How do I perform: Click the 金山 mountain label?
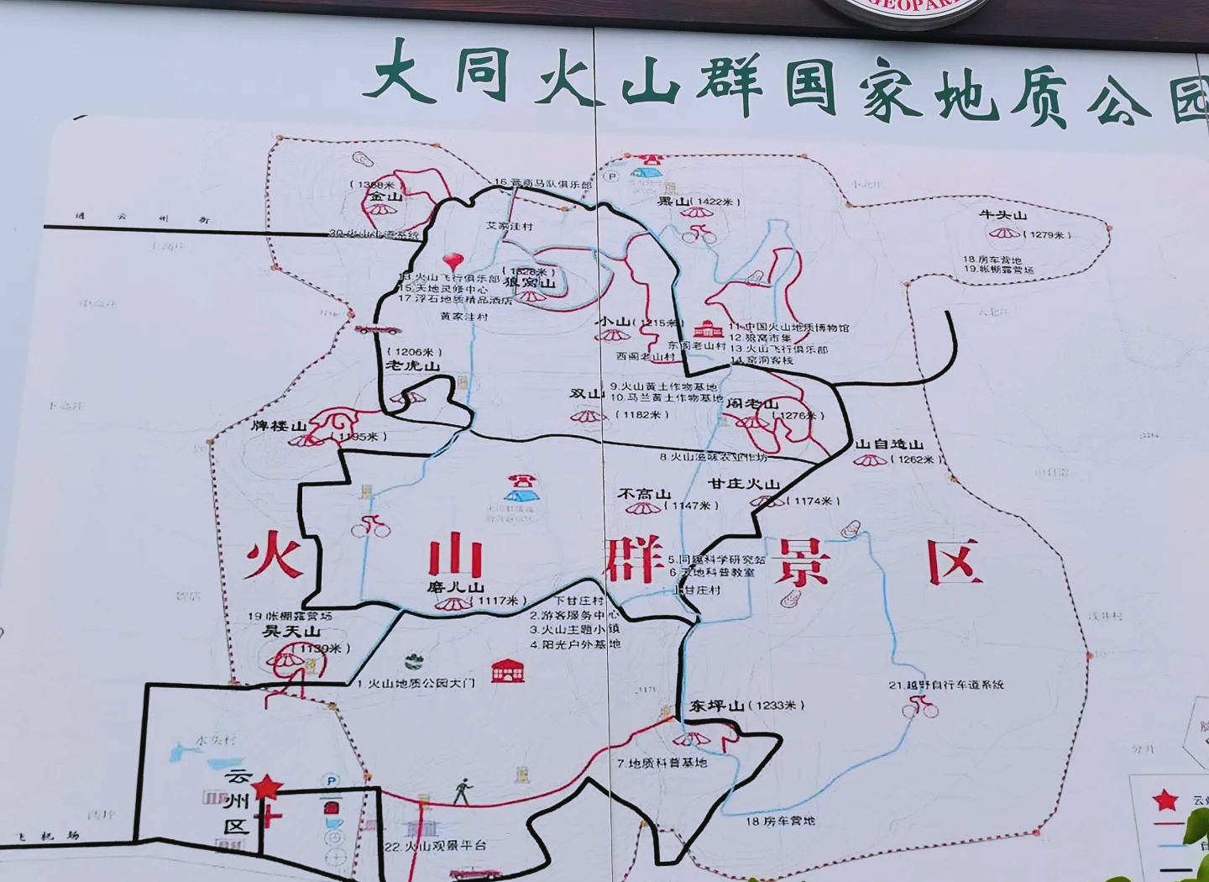click(383, 197)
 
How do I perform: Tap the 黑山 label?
click(673, 202)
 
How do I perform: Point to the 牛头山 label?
click(1002, 215)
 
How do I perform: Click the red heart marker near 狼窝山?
click(453, 260)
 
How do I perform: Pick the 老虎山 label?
click(412, 365)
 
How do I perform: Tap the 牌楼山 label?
click(280, 426)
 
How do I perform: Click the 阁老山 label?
click(752, 404)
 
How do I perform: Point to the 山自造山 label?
click(889, 444)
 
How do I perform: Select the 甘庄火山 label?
click(744, 484)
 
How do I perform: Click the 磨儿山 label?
click(455, 587)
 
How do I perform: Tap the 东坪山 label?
click(717, 706)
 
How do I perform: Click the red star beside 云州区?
click(267, 787)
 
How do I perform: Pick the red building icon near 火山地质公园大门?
click(508, 670)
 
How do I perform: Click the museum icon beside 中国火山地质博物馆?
click(708, 328)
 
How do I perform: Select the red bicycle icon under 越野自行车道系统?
click(920, 708)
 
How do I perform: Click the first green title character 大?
click(402, 74)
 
